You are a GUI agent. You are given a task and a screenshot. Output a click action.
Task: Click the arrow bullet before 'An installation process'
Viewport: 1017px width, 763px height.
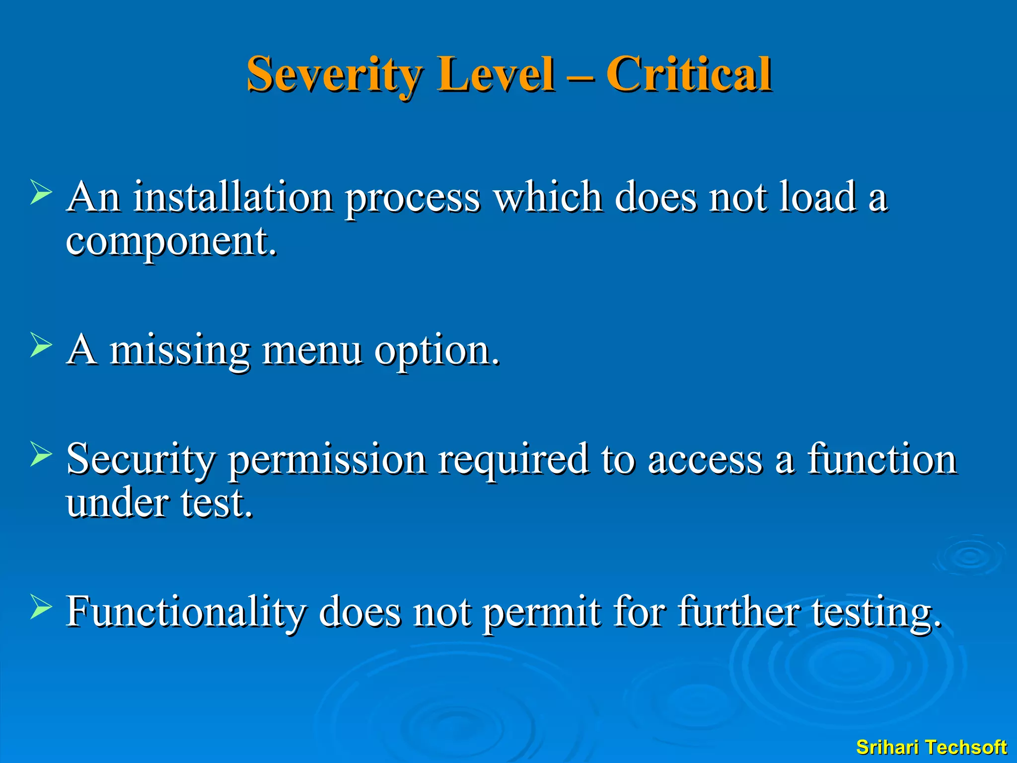point(41,192)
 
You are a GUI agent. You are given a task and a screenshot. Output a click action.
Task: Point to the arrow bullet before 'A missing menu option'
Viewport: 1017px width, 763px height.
point(41,345)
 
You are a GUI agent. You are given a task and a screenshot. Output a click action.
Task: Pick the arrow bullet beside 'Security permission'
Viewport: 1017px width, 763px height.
point(41,454)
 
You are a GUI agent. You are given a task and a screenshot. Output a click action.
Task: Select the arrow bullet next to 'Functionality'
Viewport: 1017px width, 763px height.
point(41,607)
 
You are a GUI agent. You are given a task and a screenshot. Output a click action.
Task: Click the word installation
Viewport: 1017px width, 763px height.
point(233,197)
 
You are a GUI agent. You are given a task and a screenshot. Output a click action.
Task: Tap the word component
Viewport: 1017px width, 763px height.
point(171,241)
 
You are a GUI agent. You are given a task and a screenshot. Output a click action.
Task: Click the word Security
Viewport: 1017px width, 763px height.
point(141,459)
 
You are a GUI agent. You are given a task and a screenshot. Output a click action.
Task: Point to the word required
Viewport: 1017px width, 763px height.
point(513,459)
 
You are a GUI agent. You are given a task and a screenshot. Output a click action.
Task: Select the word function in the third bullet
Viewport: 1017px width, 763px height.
point(881,459)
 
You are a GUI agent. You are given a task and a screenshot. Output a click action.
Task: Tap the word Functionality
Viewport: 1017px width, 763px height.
point(186,611)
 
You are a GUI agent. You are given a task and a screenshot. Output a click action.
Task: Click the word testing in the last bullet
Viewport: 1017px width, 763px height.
point(876,611)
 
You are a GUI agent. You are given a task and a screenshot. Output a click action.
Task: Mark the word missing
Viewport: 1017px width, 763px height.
point(179,350)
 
